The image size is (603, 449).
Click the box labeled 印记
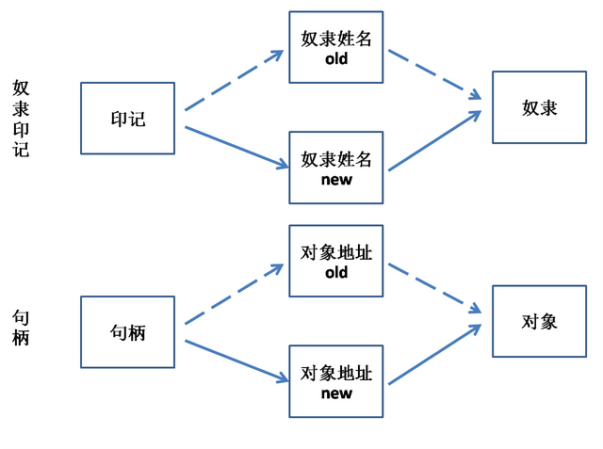click(128, 119)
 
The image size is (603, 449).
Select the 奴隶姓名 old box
click(336, 48)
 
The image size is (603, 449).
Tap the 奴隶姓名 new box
click(336, 168)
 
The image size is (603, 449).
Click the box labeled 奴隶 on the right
click(539, 107)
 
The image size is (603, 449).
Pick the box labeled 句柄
click(128, 332)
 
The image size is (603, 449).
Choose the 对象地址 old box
click(336, 262)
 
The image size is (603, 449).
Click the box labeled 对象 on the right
click(539, 321)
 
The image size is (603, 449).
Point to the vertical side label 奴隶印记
click(21, 119)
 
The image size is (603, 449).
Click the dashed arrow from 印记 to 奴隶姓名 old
click(234, 81)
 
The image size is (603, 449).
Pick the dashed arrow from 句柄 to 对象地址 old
click(234, 295)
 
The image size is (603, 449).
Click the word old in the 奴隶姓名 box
click(336, 58)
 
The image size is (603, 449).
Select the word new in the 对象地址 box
click(336, 393)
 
